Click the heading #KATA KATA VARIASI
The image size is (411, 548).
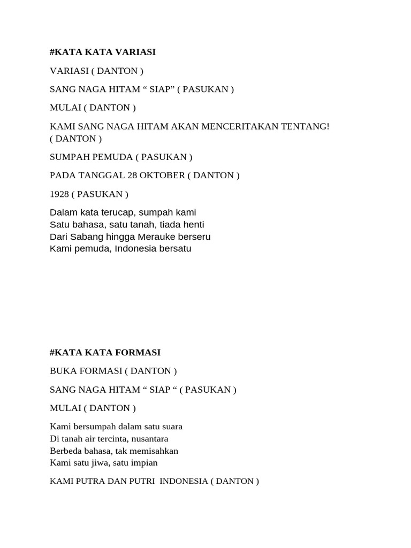coord(103,52)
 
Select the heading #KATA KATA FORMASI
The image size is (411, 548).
coord(105,353)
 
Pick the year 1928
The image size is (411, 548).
coord(59,194)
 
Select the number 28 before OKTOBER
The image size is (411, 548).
coord(132,176)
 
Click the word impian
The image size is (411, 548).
coord(144,462)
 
